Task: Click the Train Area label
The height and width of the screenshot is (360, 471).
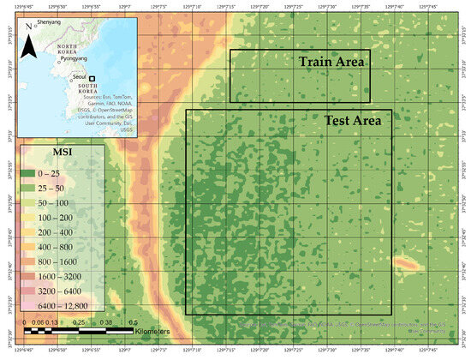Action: tap(332, 63)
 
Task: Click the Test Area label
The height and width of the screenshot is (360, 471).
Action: tap(352, 121)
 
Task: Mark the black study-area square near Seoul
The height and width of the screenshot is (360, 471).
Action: tap(92, 78)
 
